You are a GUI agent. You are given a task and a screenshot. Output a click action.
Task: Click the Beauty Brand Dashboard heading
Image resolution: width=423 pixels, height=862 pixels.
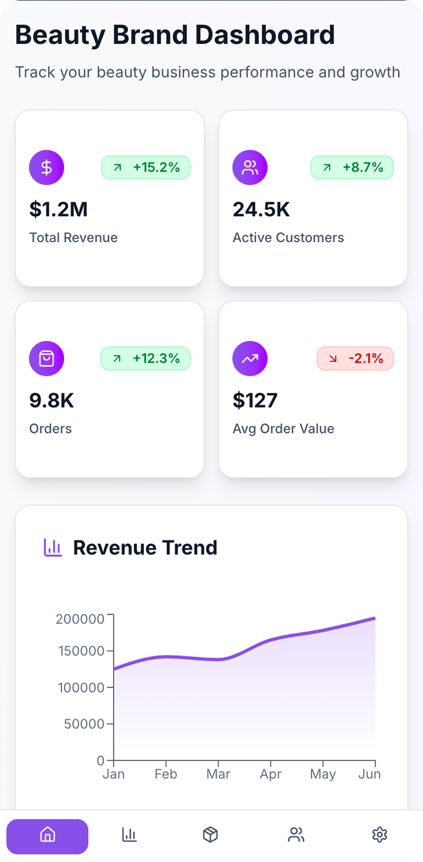[175, 35]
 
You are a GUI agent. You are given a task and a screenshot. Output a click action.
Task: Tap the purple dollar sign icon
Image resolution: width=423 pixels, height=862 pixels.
[47, 167]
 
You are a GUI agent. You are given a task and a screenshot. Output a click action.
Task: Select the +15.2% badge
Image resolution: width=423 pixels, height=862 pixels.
[146, 167]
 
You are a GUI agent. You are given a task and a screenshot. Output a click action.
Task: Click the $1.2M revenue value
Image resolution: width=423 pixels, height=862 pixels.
[58, 210]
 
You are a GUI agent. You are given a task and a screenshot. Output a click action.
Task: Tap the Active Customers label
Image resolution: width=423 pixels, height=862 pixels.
[288, 237]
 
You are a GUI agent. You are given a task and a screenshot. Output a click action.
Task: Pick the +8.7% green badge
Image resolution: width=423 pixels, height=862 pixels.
[352, 167]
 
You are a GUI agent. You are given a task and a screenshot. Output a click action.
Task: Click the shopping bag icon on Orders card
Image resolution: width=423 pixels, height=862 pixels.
[47, 358]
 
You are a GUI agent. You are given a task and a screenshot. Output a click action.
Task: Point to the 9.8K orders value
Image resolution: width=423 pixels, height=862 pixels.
[52, 401]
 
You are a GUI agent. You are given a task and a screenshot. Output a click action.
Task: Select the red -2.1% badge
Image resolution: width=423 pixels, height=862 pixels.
[355, 358]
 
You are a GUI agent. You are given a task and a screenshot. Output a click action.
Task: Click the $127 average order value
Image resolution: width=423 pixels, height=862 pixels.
[255, 401]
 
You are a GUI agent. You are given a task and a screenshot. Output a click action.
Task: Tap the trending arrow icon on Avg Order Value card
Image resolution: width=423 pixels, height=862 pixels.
[250, 358]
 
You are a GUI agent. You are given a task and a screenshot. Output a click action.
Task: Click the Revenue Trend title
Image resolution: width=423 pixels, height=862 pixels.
[145, 548]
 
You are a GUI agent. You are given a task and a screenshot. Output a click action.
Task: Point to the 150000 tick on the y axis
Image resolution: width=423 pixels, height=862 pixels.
[81, 651]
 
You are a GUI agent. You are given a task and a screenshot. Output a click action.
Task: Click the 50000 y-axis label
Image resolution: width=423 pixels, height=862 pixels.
[84, 724]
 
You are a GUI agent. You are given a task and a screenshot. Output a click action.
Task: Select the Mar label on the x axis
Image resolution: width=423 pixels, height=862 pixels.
[218, 774]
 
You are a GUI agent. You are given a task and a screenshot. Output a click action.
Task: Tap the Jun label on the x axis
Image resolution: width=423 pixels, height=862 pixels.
[369, 774]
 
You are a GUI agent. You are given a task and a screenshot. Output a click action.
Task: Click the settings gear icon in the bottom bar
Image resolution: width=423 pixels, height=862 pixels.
[379, 835]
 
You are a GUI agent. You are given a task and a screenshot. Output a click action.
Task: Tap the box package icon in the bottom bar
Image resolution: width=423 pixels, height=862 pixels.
[210, 835]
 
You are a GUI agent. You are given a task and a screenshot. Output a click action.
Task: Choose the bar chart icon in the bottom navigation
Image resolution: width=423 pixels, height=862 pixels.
[129, 835]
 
